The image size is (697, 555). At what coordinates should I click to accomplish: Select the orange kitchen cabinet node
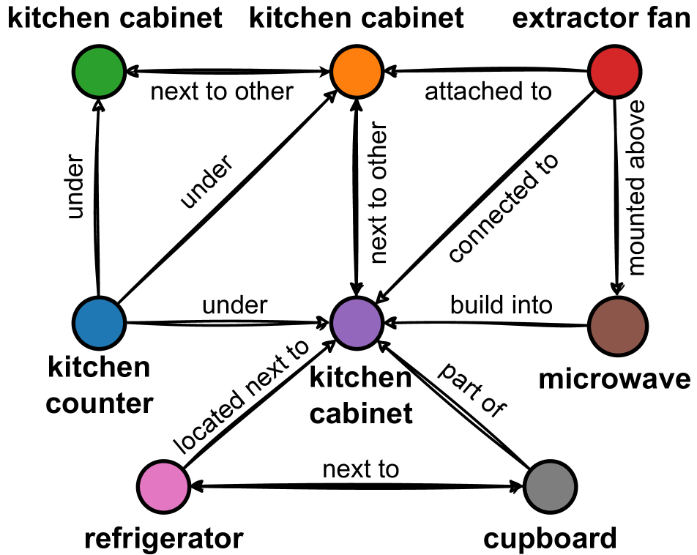click(x=357, y=72)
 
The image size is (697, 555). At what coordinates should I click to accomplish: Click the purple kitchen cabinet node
click(x=357, y=323)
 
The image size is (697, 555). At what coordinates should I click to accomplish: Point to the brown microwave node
click(x=616, y=323)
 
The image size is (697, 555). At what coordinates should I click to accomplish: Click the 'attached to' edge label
click(x=488, y=92)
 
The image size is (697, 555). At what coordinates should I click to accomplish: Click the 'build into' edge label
click(x=501, y=305)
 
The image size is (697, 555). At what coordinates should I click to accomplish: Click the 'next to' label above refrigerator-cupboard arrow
click(x=361, y=469)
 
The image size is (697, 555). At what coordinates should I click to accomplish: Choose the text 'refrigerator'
click(x=163, y=540)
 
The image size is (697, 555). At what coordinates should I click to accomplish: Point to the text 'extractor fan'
click(x=601, y=18)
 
